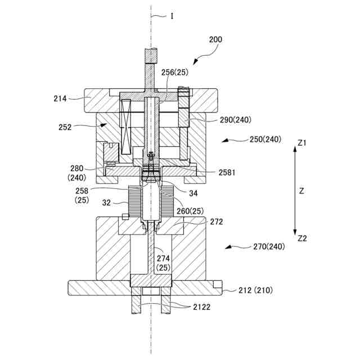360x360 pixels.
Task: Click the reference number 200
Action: point(215,39)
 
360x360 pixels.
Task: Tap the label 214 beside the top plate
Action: point(60,98)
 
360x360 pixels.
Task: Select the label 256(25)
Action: point(175,73)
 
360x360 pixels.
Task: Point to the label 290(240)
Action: point(236,120)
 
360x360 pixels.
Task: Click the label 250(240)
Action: point(265,139)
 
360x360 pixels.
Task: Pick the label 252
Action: point(65,127)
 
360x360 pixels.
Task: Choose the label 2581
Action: point(227,173)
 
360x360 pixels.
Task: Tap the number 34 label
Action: point(193,193)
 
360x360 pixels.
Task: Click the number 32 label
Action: point(106,202)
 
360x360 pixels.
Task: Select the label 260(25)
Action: point(190,211)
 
